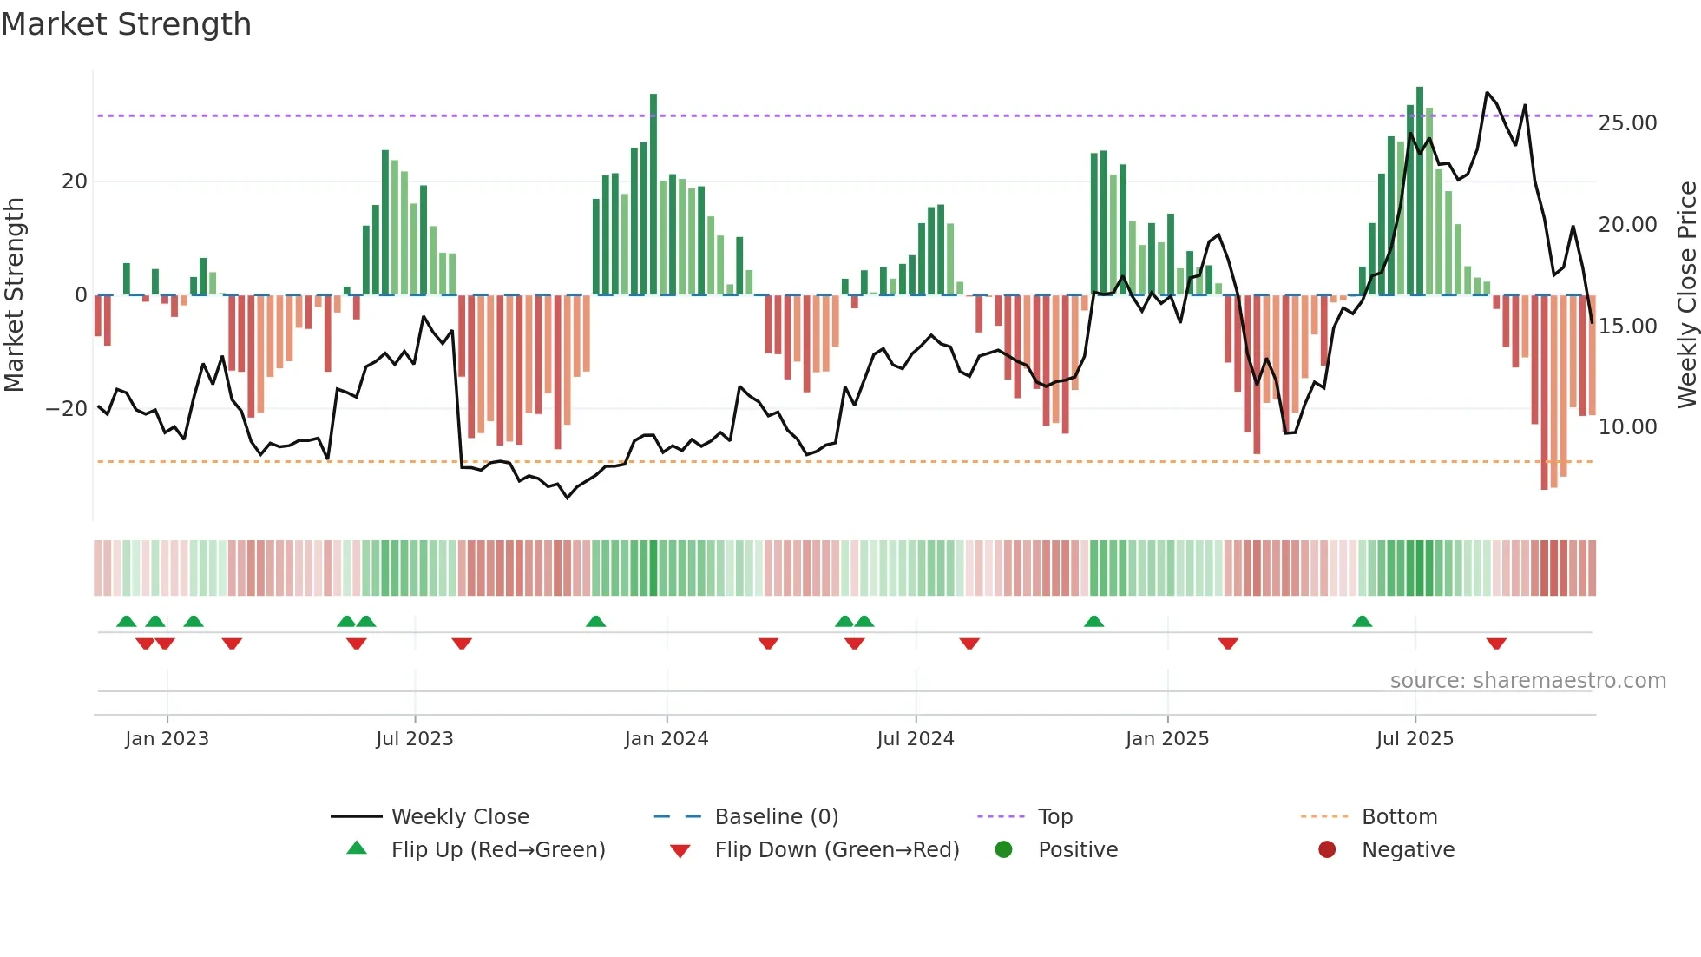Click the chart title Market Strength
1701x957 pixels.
point(126,24)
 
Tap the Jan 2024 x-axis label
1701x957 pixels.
point(666,739)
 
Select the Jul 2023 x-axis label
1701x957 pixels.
point(414,739)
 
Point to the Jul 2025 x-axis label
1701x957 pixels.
point(1414,739)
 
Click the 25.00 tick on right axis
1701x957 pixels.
point(1627,123)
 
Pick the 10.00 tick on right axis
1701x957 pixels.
point(1627,427)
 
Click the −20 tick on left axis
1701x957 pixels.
point(67,408)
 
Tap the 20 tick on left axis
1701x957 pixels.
point(75,181)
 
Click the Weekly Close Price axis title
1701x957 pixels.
point(1686,294)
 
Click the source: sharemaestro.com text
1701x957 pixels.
point(1527,681)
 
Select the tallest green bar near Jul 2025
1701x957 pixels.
point(1420,190)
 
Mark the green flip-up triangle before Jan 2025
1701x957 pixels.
point(1093,621)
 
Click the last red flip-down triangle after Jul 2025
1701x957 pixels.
point(1496,643)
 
